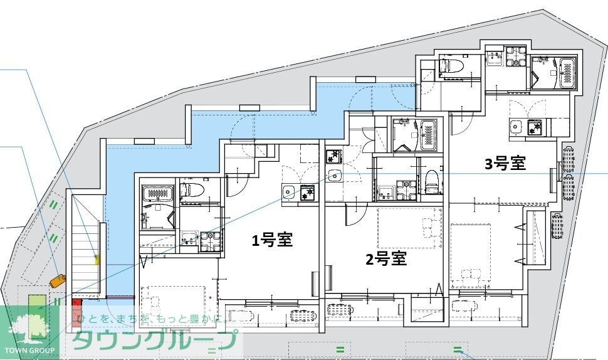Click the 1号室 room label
coord(273,240)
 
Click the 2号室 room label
coord(386,258)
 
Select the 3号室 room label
coord(505,164)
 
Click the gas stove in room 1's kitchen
coord(308,193)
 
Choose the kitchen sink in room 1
coord(289,191)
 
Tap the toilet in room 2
coord(431,179)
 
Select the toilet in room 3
coord(452,66)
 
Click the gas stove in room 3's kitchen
coord(537,127)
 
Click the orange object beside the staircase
coord(58,280)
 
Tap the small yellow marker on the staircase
coord(97,258)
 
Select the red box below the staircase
coord(76,310)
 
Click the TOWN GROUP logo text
coord(29,350)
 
